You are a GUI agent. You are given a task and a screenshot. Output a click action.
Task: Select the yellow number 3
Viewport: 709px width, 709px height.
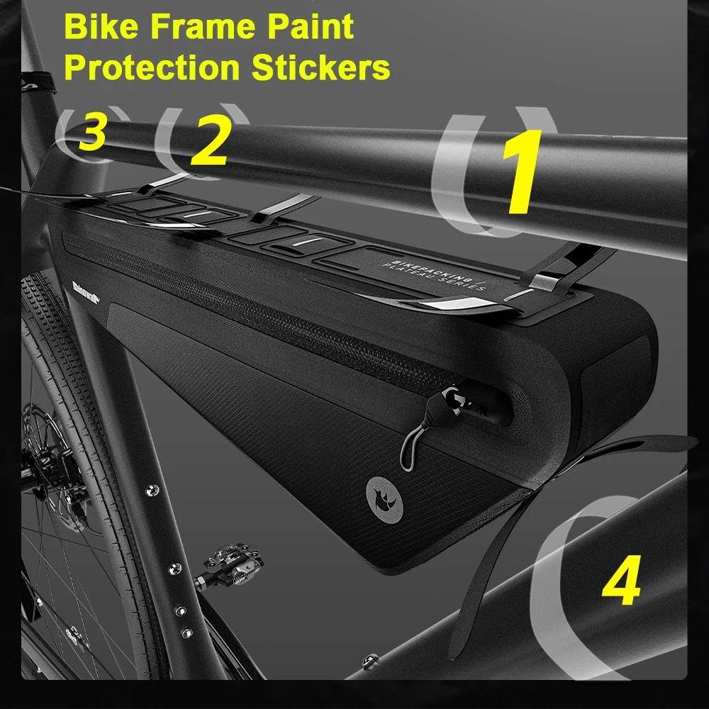[93, 133]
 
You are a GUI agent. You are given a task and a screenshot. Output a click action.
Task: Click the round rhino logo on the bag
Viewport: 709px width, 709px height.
[379, 491]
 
